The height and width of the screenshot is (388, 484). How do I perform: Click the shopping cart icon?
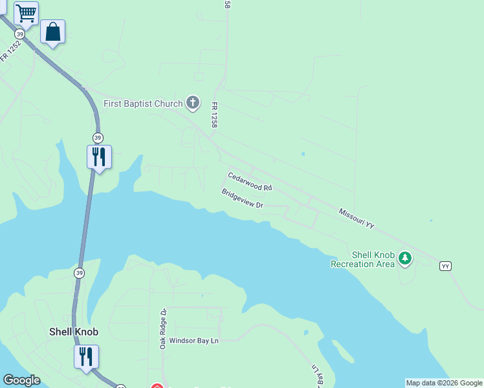pos(26,13)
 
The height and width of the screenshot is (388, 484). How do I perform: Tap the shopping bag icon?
pos(52,32)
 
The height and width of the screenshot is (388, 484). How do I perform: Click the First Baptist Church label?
pos(144,103)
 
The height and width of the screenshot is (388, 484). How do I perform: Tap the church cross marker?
pos(193,102)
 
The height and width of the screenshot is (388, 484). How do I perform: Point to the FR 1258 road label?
pos(212,113)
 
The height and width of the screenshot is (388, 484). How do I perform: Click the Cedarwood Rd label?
pos(250,182)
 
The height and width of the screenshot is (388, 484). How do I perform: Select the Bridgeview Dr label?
pos(242,199)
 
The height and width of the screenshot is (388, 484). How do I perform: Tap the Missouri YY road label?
pos(357,219)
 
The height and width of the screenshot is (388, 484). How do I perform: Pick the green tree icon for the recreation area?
pos(406,259)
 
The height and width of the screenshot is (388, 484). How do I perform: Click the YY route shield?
pos(445,266)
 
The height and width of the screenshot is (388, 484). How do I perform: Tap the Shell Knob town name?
pos(74,332)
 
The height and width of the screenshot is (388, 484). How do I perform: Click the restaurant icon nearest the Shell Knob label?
pos(86,356)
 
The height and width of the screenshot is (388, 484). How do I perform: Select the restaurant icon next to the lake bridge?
pos(99,156)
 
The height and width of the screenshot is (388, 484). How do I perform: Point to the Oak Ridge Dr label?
pos(164,329)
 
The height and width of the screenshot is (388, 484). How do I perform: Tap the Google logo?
pos(21,380)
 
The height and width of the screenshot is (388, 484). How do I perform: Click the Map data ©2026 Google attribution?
pos(444,383)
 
